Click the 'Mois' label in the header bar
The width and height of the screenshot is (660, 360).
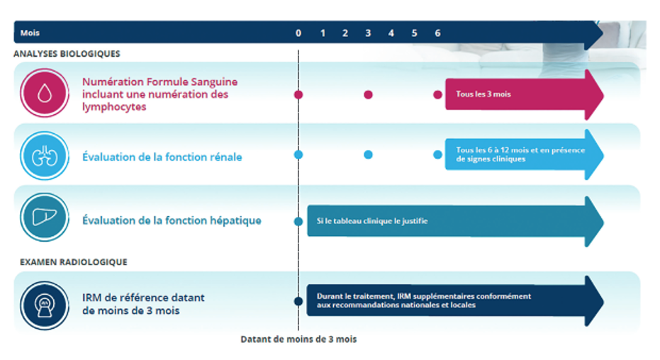pyautogui.click(x=30, y=33)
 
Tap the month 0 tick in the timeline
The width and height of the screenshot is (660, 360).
pyautogui.click(x=298, y=33)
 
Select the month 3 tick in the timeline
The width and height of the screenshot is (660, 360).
pyautogui.click(x=368, y=33)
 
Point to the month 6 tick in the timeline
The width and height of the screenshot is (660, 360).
pyautogui.click(x=438, y=33)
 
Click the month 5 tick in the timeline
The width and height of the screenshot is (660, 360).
pyautogui.click(x=414, y=33)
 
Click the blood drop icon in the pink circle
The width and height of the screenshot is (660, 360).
pyautogui.click(x=45, y=93)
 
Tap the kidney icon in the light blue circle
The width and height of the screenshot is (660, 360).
pyautogui.click(x=45, y=156)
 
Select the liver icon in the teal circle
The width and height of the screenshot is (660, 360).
pyautogui.click(x=45, y=217)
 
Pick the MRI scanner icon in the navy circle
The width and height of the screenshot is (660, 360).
pyautogui.click(x=45, y=305)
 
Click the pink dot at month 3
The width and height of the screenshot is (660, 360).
pyautogui.click(x=369, y=95)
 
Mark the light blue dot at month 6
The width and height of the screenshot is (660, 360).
pyautogui.click(x=438, y=154)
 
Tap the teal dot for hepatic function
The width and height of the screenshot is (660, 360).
pyautogui.click(x=298, y=221)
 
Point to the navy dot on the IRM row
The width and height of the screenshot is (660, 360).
pyautogui.click(x=298, y=301)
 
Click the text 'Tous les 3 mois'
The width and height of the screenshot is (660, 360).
pyautogui.click(x=483, y=94)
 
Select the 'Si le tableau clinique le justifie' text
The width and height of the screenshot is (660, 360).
pyautogui.click(x=372, y=221)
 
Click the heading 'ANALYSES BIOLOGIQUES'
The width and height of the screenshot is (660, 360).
pyautogui.click(x=67, y=54)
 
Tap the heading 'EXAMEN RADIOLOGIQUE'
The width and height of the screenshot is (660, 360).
pyautogui.click(x=74, y=262)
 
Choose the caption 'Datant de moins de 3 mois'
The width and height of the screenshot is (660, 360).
pyautogui.click(x=298, y=339)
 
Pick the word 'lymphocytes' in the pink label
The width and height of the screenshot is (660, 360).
pyautogui.click(x=114, y=107)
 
